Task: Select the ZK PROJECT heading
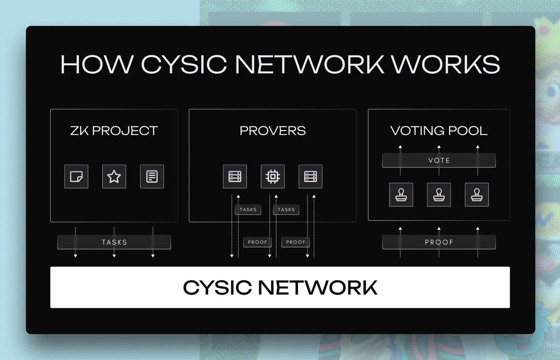tap(114, 131)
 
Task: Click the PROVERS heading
tap(273, 131)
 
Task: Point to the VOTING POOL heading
tap(439, 131)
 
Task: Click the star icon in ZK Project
tap(114, 177)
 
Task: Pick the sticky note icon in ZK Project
tap(76, 177)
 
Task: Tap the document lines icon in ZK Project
tap(152, 177)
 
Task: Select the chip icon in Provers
tap(273, 177)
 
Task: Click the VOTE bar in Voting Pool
tap(439, 160)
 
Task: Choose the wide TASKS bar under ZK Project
tap(114, 242)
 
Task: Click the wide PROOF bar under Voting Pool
tap(439, 242)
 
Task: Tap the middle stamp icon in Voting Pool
tap(439, 195)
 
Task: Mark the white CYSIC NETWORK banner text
tap(280, 287)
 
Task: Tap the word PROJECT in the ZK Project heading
tap(125, 131)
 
